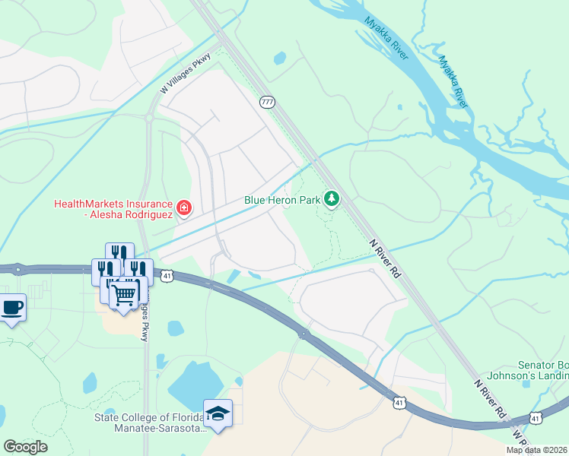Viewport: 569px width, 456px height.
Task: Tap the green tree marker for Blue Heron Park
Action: [331, 200]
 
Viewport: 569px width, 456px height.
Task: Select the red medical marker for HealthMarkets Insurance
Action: [183, 207]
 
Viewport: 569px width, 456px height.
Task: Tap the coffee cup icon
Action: [11, 308]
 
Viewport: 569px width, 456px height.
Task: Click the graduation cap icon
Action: [218, 413]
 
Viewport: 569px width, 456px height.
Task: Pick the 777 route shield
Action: [266, 101]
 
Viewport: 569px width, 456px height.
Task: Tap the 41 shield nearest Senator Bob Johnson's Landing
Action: [536, 418]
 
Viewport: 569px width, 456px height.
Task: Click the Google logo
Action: [26, 447]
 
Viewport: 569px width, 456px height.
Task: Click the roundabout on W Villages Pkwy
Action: [150, 119]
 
